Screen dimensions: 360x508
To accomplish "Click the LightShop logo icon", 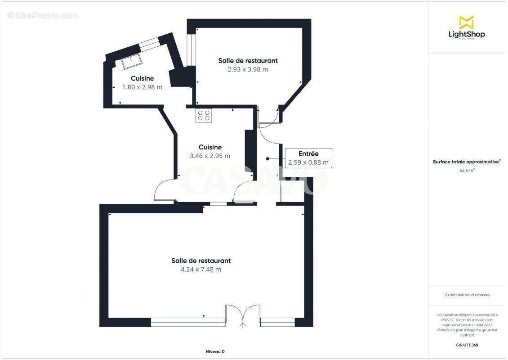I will click(466, 22).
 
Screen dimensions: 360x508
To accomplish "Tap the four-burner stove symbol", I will click(203, 115).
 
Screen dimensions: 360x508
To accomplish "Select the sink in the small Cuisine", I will click(131, 62).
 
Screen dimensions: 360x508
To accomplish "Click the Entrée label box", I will click(308, 158).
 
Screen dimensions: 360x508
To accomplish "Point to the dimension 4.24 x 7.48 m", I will click(201, 270).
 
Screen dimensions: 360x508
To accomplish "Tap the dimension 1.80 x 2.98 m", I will click(142, 87).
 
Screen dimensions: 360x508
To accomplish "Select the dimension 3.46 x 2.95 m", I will click(210, 156).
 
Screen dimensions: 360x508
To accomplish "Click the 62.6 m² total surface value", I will click(467, 170).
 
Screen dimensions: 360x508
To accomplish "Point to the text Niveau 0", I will click(215, 351).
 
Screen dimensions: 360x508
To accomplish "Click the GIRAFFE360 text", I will click(467, 345).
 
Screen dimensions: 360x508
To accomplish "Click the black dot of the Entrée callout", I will click(267, 158).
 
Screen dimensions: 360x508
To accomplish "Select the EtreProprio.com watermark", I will click(43, 15).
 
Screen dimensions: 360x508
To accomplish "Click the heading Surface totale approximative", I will click(466, 162).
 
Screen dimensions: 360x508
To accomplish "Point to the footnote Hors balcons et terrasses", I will click(467, 295).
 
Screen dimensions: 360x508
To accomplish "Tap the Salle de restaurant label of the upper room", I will click(248, 61).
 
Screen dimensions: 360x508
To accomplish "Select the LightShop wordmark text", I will click(467, 34).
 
